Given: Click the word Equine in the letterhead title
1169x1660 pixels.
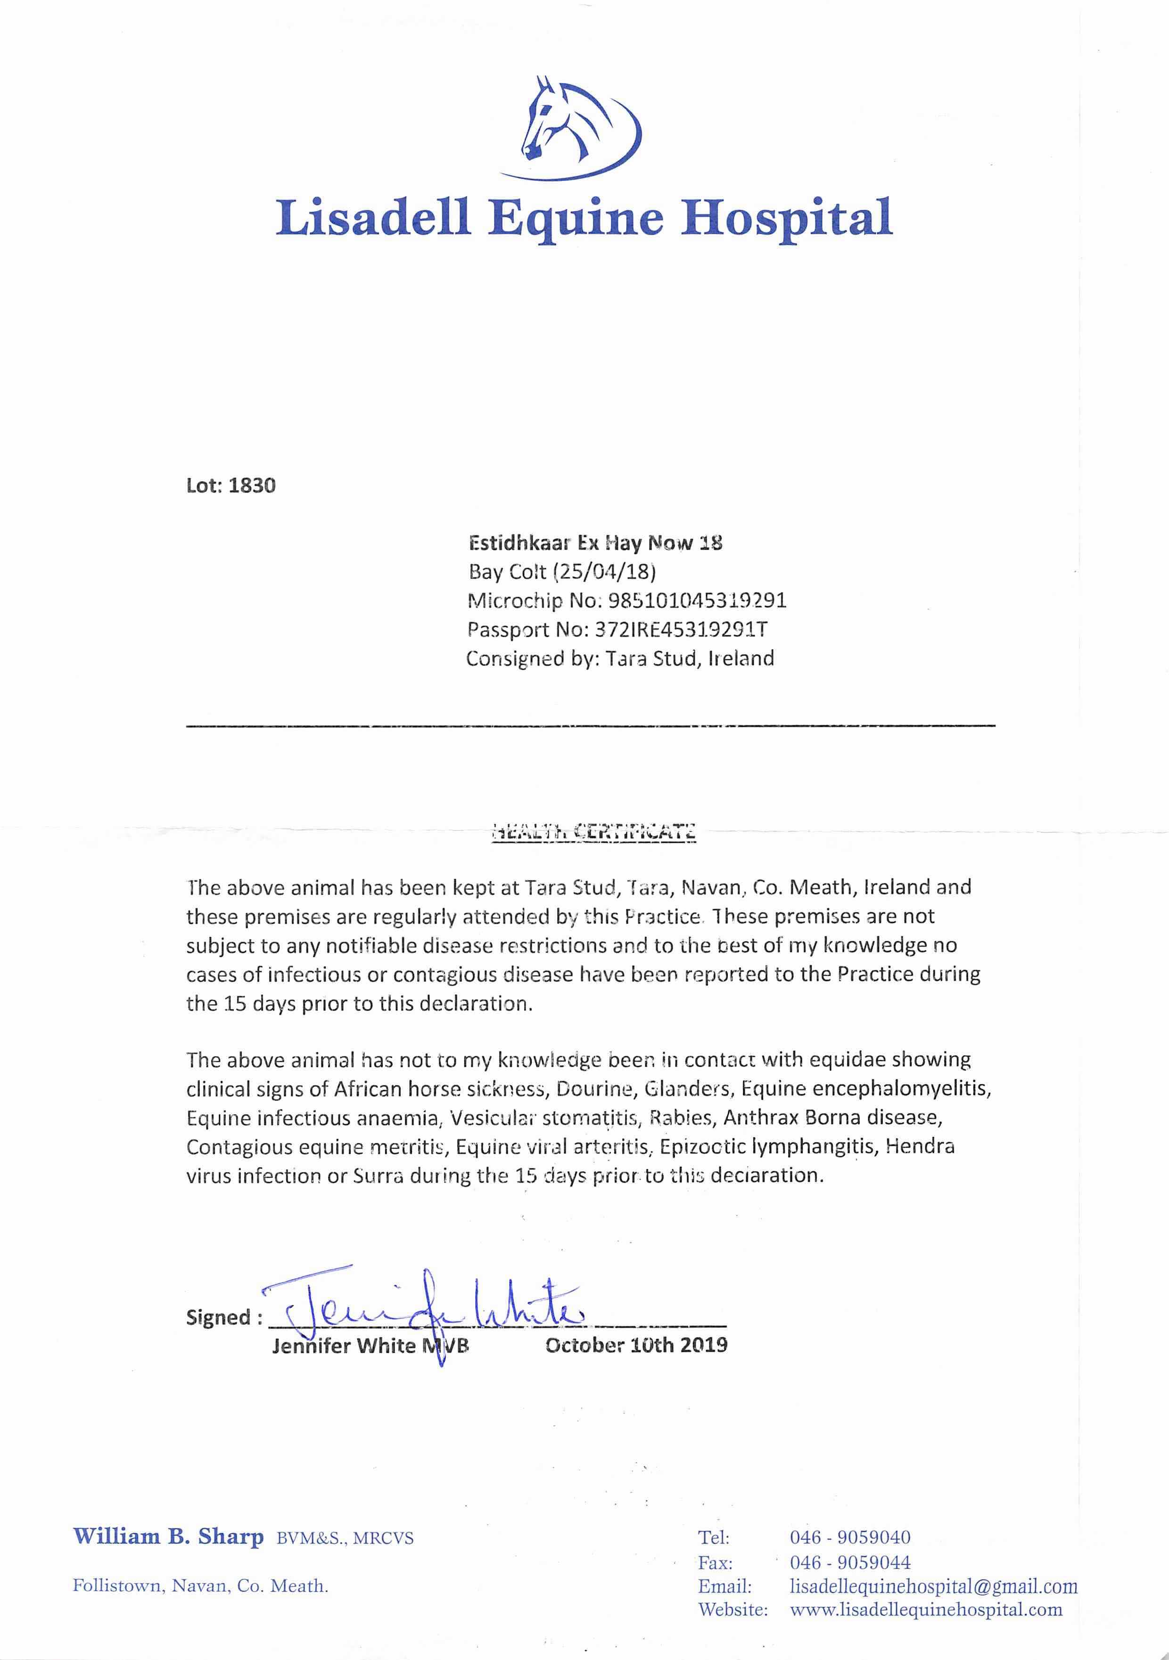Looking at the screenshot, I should point(576,218).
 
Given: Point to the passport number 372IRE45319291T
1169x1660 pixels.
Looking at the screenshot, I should point(680,630).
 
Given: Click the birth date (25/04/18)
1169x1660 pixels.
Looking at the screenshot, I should point(604,572).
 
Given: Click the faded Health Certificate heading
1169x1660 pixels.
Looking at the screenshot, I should point(593,831).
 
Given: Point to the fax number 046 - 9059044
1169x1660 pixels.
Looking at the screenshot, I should point(850,1562).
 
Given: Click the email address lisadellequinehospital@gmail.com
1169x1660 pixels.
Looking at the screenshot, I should point(934,1587).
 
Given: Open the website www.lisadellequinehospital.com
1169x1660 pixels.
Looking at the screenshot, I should point(926,1610).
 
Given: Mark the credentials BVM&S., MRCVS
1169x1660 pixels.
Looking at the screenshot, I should point(345,1538).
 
